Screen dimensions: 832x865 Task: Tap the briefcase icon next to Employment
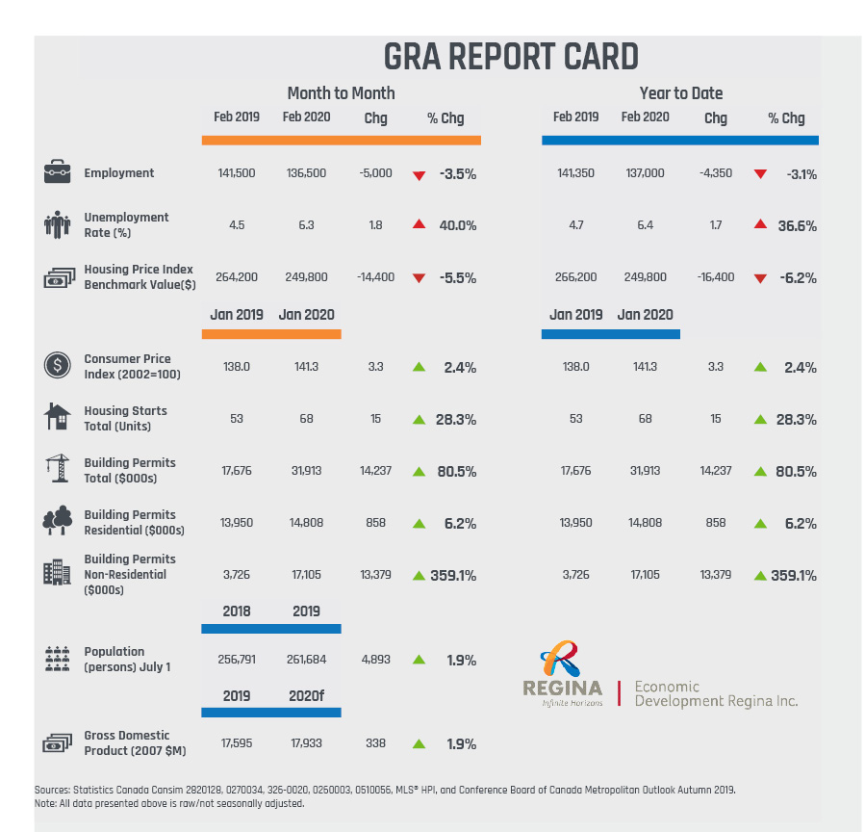point(57,172)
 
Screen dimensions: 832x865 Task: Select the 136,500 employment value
point(306,173)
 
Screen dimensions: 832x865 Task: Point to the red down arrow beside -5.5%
point(418,278)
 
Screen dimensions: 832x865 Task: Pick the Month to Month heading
point(341,93)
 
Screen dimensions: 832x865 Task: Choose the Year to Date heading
point(680,93)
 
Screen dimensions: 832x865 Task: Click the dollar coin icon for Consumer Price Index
point(57,366)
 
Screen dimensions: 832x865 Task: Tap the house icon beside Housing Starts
point(57,417)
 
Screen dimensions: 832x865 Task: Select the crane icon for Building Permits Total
point(57,469)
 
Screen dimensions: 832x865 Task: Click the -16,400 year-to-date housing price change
point(715,277)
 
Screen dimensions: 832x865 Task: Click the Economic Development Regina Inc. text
point(716,693)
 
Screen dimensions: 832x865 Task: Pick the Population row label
point(127,659)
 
